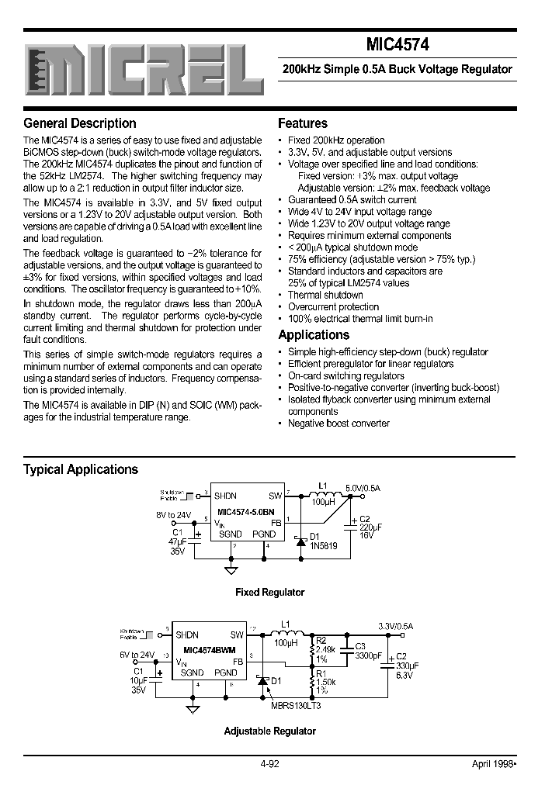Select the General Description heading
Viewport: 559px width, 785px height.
click(80, 123)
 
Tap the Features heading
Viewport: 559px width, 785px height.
click(303, 123)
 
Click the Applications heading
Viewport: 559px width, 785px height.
click(314, 335)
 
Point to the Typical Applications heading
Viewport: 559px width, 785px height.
click(81, 469)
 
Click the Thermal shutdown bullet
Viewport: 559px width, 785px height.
click(325, 295)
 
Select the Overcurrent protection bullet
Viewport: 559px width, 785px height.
click(333, 307)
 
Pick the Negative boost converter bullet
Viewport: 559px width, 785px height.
click(339, 424)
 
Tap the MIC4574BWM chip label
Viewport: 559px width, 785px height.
click(210, 649)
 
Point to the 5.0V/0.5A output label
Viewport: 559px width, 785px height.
click(363, 488)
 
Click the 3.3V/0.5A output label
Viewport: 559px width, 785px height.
click(396, 625)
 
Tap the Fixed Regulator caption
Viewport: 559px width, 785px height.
click(270, 592)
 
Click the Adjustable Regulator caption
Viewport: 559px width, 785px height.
click(270, 731)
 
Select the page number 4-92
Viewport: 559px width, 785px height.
click(271, 764)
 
